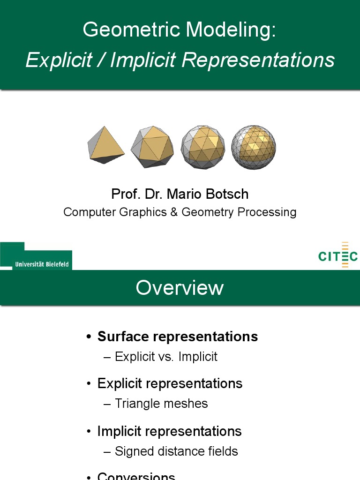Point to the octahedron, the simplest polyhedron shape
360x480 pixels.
coord(106,144)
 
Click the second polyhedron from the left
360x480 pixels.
coord(152,147)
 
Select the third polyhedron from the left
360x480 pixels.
coord(202,147)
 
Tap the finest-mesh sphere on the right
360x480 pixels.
coord(254,147)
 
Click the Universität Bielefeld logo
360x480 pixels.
coord(36,256)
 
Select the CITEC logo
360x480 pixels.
coord(337,255)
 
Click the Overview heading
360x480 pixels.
coord(180,287)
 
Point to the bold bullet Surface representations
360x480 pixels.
coord(178,337)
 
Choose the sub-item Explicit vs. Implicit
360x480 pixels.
coord(166,357)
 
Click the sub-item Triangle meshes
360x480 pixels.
coord(161,404)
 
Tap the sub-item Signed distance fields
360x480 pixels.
coord(177,451)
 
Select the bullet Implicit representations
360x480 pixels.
coord(170,431)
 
